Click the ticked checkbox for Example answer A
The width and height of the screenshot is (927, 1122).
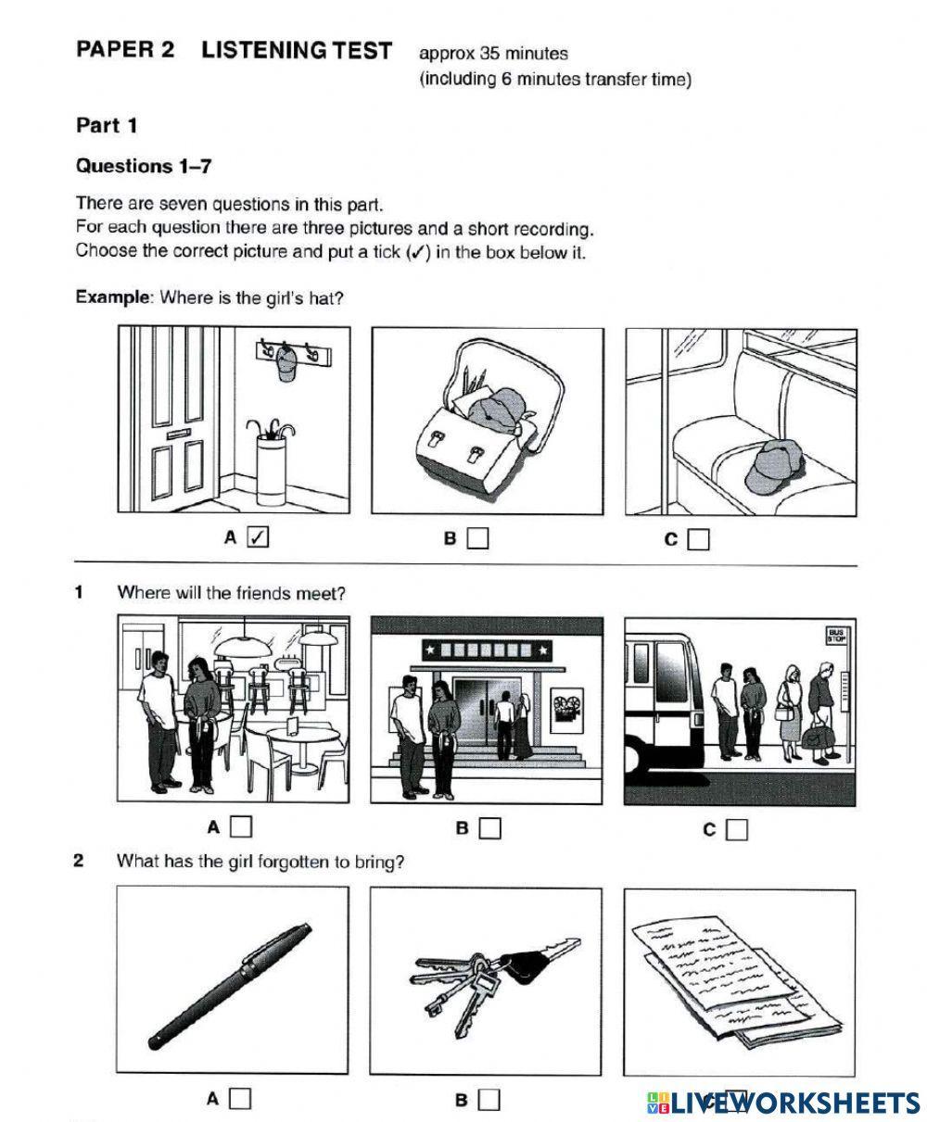tap(259, 536)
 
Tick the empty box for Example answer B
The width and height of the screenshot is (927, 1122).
tap(477, 538)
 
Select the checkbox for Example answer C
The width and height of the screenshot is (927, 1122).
tap(699, 539)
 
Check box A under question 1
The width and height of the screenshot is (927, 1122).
tap(241, 826)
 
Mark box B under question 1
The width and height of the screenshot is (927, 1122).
tap(489, 827)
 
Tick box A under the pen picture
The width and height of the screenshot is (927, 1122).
tap(240, 1099)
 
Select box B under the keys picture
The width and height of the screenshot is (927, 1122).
tap(489, 1100)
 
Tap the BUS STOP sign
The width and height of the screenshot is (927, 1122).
tap(837, 635)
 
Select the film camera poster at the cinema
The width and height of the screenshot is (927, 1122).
tap(565, 710)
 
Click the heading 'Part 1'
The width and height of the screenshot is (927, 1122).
tap(107, 125)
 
